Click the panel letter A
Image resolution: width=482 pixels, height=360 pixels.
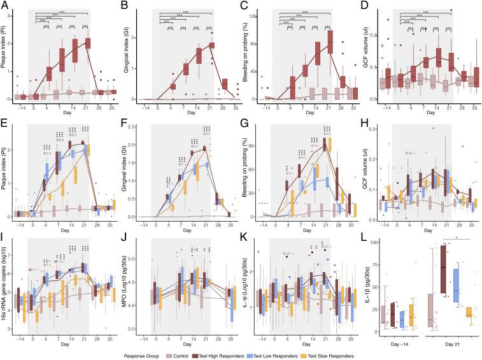click(x=4, y=5)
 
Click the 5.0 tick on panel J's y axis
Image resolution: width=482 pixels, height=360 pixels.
click(x=141, y=259)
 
